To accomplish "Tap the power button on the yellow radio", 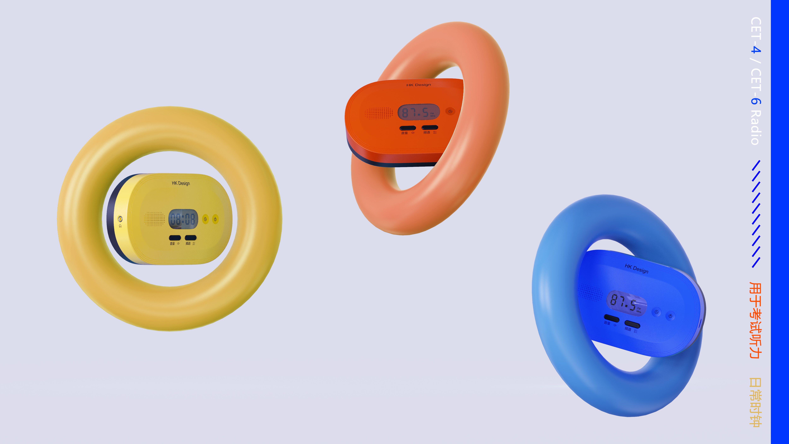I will [215, 219].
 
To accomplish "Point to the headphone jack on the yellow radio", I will [120, 219].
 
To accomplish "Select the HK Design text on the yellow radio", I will [181, 183].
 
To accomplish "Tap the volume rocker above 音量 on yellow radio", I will [175, 238].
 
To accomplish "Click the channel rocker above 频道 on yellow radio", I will [190, 238].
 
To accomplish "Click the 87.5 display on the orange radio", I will [418, 112].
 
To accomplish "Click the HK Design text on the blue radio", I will [636, 268].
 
